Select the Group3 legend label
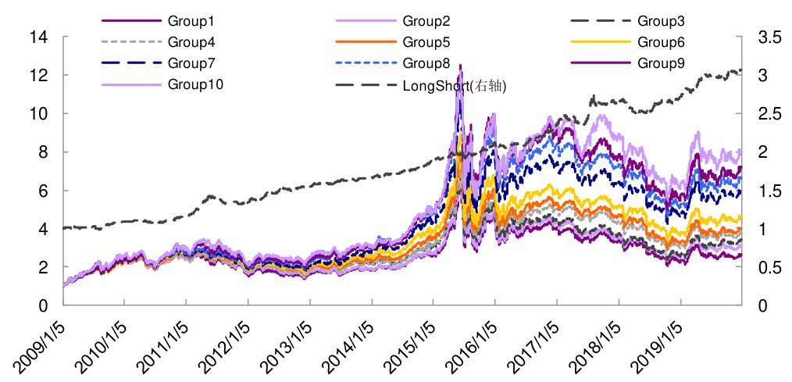click(x=661, y=20)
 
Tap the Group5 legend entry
click(x=426, y=42)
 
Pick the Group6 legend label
click(x=661, y=42)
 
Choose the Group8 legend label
click(x=426, y=63)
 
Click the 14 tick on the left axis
click(x=38, y=37)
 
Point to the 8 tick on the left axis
click(x=42, y=152)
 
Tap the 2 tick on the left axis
click(x=42, y=267)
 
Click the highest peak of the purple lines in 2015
click(x=460, y=66)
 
